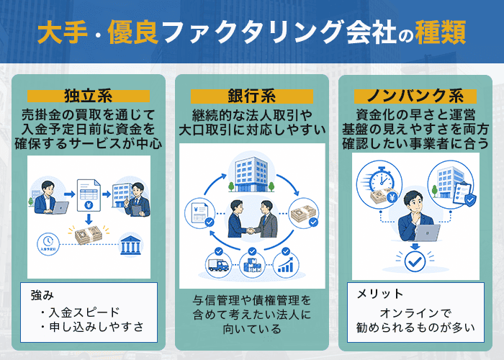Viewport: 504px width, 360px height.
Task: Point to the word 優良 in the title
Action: [x=130, y=32]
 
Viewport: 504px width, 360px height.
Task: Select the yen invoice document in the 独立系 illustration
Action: [x=89, y=192]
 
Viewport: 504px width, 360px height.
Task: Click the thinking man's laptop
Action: [x=426, y=233]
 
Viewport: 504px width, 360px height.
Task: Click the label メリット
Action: [x=380, y=294]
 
